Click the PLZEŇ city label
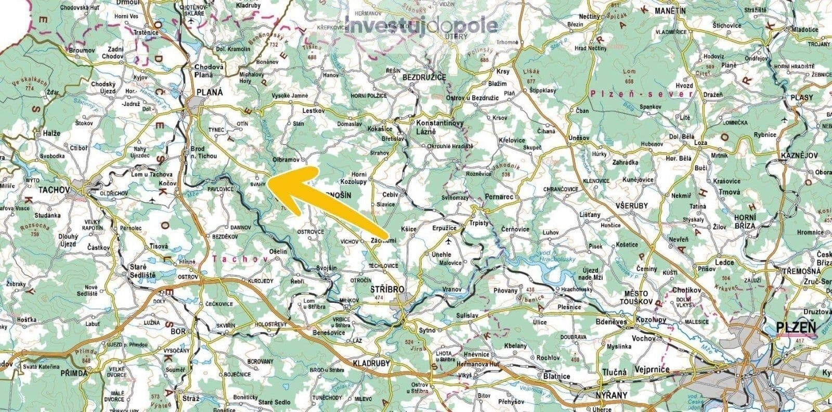[x=795, y=328]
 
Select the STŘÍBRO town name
[x=387, y=289]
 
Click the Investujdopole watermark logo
[x=421, y=25]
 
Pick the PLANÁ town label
[x=209, y=92]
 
